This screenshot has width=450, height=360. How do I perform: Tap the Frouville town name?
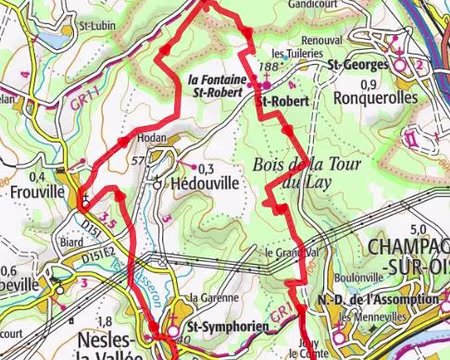pos(32,189)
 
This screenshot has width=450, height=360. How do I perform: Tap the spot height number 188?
pos(266,66)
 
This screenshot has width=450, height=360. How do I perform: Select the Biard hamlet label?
pos(70,241)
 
